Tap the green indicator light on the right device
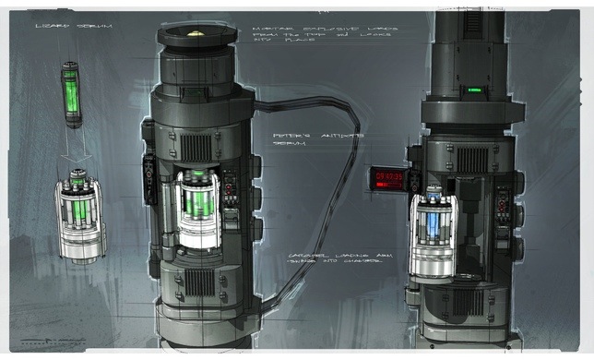coord(475,90)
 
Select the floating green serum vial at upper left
coord(71,92)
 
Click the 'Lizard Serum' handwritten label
coord(60,26)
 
